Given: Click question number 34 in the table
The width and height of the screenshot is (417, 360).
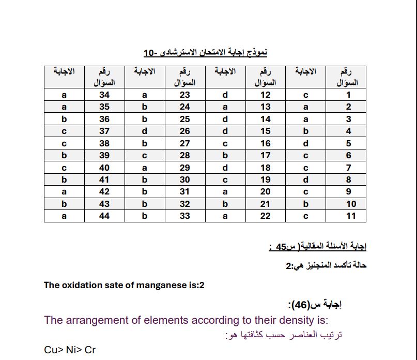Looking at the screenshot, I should (x=104, y=95).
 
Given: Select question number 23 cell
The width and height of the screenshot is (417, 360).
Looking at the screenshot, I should (x=185, y=95).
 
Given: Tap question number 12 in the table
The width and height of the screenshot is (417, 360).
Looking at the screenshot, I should (x=266, y=95).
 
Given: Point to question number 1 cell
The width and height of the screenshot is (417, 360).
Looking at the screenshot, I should (x=348, y=95).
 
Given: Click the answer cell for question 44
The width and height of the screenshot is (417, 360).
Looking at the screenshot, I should (x=64, y=216).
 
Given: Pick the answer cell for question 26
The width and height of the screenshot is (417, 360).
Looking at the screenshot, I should (x=145, y=131).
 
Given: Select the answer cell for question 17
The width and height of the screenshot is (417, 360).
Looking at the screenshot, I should (x=225, y=155).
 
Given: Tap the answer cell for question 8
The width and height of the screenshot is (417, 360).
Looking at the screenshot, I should (x=305, y=179).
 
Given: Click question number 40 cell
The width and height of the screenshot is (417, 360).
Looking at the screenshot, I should (x=104, y=168).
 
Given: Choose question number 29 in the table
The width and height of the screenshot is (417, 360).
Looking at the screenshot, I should (x=185, y=168).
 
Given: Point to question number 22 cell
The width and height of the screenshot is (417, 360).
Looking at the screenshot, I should (x=266, y=216).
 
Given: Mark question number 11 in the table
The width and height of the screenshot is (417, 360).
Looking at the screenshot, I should (x=351, y=216).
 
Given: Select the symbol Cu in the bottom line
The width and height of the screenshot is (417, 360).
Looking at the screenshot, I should (x=51, y=350).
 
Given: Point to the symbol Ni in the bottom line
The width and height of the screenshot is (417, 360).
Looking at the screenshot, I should (x=71, y=350).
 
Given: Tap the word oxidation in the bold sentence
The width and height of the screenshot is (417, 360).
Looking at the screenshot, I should (x=79, y=285).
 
